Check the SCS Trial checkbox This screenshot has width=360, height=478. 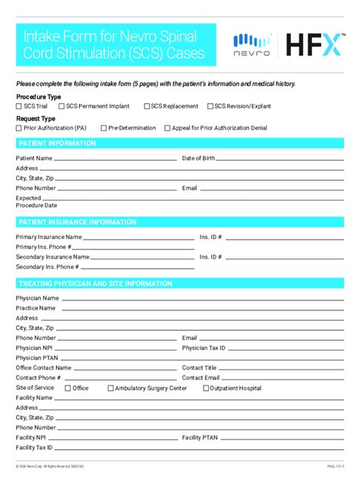click(x=19, y=107)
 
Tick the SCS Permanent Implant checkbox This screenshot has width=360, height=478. click(x=62, y=107)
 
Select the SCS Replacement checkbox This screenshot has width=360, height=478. click(x=146, y=107)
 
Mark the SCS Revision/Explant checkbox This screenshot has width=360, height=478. click(x=210, y=107)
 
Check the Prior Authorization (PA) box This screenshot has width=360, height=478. click(x=19, y=128)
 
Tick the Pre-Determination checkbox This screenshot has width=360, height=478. click(x=103, y=128)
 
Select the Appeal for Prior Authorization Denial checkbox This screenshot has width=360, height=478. click(x=167, y=128)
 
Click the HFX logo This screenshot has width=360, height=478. click(x=313, y=45)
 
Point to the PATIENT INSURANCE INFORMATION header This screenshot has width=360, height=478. click(x=77, y=222)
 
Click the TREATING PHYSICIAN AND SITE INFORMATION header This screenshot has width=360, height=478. click(x=95, y=283)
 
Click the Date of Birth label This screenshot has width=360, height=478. click(x=198, y=159)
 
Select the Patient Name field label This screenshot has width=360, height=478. click(x=34, y=159)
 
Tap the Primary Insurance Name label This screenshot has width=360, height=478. click(x=49, y=237)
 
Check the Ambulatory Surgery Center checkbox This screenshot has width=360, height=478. click(x=111, y=388)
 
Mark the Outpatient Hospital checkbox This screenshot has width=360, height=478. click(x=206, y=388)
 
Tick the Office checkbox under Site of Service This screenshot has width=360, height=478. click(x=68, y=388)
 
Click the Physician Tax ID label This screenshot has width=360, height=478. click(x=204, y=348)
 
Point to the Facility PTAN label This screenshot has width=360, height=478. click(x=200, y=438)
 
